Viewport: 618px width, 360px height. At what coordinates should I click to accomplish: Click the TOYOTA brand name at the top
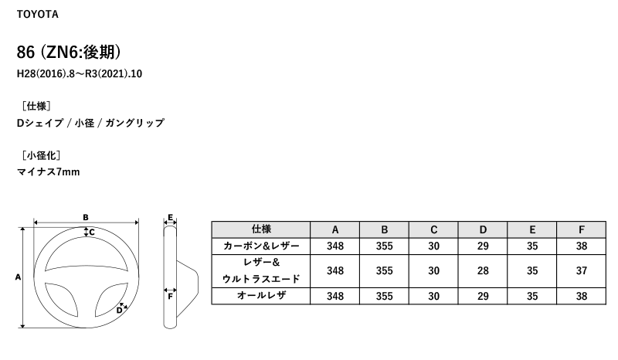pos(37,15)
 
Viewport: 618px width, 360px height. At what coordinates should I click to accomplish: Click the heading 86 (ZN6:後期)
pos(70,53)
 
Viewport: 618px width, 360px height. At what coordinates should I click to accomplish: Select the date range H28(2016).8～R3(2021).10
pos(80,75)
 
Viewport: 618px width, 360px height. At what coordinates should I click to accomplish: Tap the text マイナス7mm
pos(48,172)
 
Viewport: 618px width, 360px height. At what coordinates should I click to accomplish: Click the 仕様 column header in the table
pos(261,229)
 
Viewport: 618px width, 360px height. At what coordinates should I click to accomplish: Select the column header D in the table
pos(483,229)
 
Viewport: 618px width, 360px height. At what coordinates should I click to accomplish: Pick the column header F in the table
pos(582,229)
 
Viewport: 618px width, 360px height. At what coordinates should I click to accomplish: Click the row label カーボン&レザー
pos(261,246)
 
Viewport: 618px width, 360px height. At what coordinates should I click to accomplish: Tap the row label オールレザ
pos(261,296)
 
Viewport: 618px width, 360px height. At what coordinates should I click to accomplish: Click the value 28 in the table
pos(483,270)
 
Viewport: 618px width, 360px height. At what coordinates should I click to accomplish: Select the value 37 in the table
pos(582,270)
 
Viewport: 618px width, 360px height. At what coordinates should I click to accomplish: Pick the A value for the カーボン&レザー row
pos(334,246)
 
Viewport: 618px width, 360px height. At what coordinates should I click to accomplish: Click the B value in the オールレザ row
pos(384,296)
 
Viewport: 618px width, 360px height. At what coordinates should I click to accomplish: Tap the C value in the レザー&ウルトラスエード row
pos(433,270)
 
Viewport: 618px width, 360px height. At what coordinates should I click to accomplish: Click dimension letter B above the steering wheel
pos(86,217)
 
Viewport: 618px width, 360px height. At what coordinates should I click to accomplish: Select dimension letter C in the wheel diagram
pos(91,232)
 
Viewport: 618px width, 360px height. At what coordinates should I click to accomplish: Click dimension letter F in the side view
pos(169,295)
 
